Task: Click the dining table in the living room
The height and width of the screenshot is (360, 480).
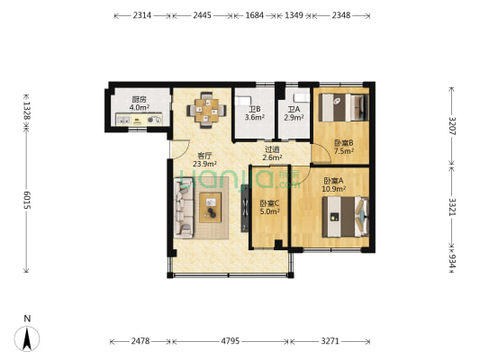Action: click(206, 110)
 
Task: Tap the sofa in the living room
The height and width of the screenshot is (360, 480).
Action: click(184, 209)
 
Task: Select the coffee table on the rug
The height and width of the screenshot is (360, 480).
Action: click(210, 207)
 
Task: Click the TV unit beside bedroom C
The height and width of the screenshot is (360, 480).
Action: click(245, 208)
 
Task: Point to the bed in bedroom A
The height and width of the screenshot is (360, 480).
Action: click(345, 217)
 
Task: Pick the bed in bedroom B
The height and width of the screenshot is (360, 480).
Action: click(343, 107)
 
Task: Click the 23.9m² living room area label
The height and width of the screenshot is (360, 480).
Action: click(204, 164)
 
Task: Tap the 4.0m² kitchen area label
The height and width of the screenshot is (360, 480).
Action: click(140, 107)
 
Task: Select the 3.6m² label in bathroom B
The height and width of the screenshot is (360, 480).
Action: click(254, 117)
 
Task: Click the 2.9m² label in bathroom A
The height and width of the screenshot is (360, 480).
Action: click(294, 117)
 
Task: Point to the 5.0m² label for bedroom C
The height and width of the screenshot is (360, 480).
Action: click(269, 211)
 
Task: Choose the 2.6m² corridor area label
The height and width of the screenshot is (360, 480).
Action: click(272, 157)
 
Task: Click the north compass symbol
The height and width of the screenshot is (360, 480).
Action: click(27, 339)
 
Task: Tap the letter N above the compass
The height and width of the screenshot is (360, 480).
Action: click(27, 319)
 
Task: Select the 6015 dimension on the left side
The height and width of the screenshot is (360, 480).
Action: click(27, 201)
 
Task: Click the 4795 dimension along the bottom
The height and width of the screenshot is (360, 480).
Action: click(231, 341)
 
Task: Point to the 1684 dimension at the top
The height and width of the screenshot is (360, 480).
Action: click(254, 15)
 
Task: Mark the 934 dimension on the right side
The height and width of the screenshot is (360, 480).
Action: click(452, 261)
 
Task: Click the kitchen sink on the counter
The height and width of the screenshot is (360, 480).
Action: click(123, 120)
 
